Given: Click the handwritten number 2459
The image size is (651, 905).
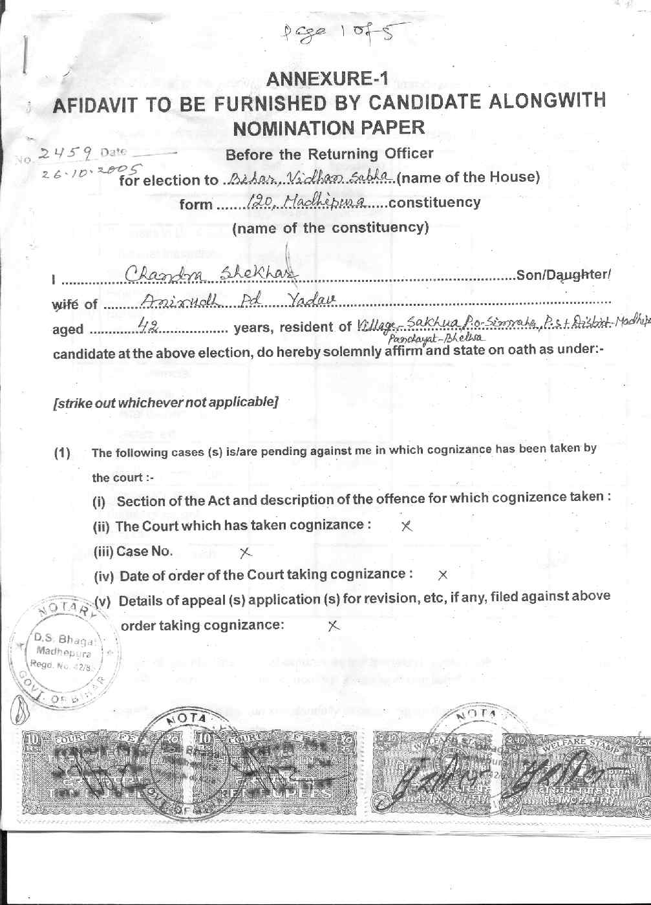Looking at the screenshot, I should pyautogui.click(x=68, y=153).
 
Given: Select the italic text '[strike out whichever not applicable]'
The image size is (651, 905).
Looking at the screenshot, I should pyautogui.click(x=165, y=402).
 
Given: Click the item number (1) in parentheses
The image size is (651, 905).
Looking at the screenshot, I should pyautogui.click(x=62, y=452).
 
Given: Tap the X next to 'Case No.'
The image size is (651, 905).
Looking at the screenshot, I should pyautogui.click(x=245, y=553).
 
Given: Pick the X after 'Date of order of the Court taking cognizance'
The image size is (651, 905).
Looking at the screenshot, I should pyautogui.click(x=443, y=575).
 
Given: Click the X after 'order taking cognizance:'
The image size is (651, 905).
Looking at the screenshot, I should pyautogui.click(x=332, y=626).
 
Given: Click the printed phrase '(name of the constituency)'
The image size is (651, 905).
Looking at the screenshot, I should pyautogui.click(x=330, y=228).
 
